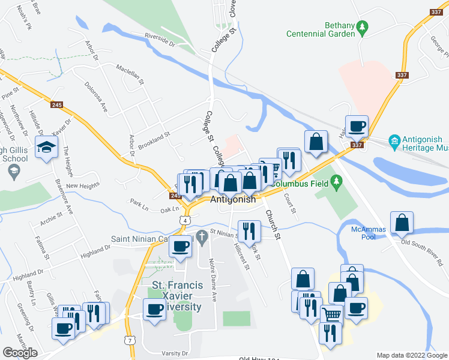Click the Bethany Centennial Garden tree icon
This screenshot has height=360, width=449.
tap(362, 27)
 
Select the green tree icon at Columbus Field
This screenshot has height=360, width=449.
tap(337, 181)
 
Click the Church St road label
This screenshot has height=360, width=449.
tap(273, 225)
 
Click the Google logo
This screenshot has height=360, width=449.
tap(20, 353)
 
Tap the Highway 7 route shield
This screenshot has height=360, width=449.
tap(130, 340)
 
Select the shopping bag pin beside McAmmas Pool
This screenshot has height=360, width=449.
tap(401, 223)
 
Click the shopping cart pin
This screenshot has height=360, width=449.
tap(332, 314)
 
